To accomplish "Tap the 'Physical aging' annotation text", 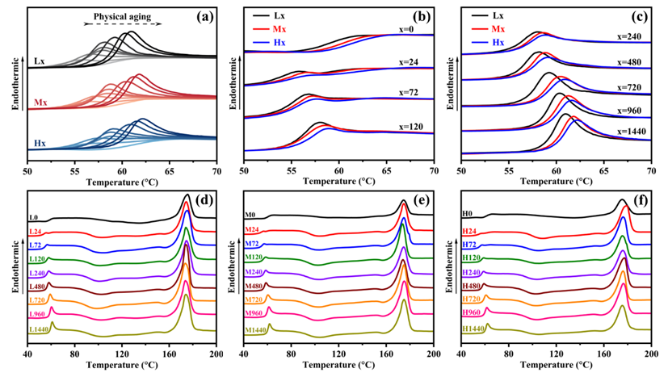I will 122,15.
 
